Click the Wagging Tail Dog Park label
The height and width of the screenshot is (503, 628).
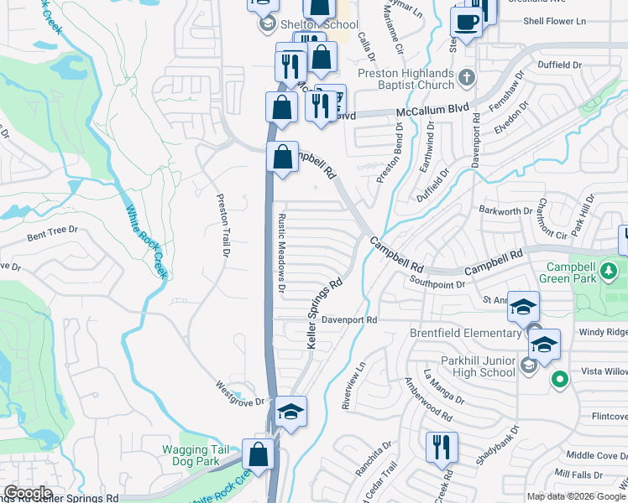click(191, 455)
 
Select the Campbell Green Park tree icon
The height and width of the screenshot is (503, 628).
click(608, 272)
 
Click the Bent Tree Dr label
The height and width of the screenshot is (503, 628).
click(52, 232)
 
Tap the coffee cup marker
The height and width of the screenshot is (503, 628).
click(466, 23)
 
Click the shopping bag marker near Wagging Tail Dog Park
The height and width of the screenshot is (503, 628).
click(259, 454)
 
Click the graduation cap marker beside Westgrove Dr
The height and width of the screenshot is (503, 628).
click(290, 411)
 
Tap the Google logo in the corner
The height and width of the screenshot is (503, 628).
click(28, 493)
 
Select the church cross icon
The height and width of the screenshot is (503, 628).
click(468, 78)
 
